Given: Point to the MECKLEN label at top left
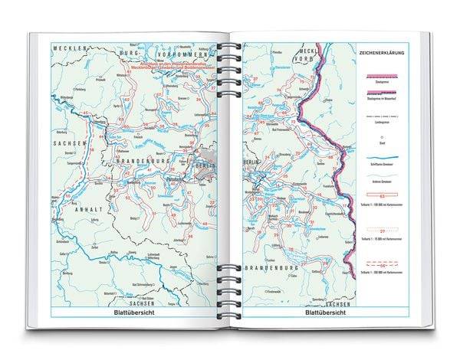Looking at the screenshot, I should [x=65, y=47].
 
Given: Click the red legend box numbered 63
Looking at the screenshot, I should [x=381, y=198].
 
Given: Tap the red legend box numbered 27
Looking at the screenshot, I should [x=381, y=231].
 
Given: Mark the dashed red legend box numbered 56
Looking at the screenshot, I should [x=381, y=263].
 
